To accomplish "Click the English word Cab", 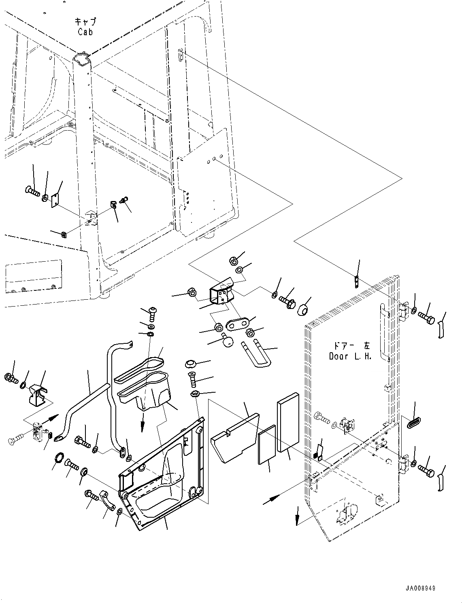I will coord(85,32).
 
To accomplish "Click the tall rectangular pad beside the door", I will coord(288,421).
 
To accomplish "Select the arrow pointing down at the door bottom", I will coord(298,519).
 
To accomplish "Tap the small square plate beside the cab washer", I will coord(55,201).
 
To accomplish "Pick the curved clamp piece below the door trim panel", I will coord(106,500).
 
